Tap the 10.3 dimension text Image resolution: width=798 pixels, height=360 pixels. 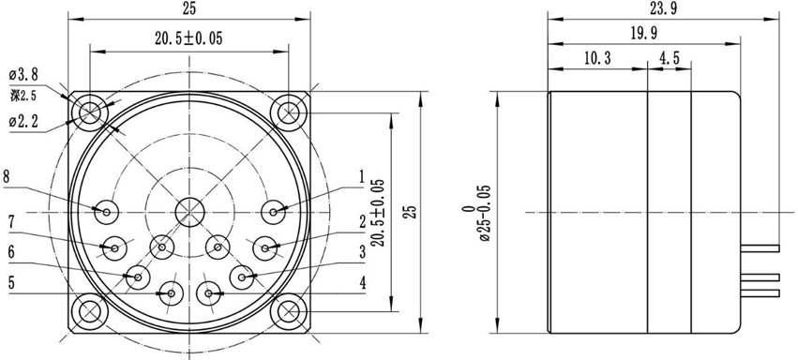pyautogui.click(x=596, y=58)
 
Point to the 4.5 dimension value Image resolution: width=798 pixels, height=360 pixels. pyautogui.click(x=670, y=58)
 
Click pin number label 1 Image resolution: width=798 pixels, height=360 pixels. pyautogui.click(x=361, y=175)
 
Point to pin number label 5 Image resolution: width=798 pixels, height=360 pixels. pyautogui.click(x=10, y=280)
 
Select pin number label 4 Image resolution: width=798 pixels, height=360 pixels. pyautogui.click(x=361, y=281)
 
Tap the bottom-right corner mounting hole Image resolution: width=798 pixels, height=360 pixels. pyautogui.click(x=289, y=309)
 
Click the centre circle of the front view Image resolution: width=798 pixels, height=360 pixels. pyautogui.click(x=190, y=211)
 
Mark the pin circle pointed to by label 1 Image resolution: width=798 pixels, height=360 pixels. pyautogui.click(x=275, y=211)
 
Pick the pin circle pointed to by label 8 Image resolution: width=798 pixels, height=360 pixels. pyautogui.click(x=106, y=211)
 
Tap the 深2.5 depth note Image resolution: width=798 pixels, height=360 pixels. pyautogui.click(x=23, y=96)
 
